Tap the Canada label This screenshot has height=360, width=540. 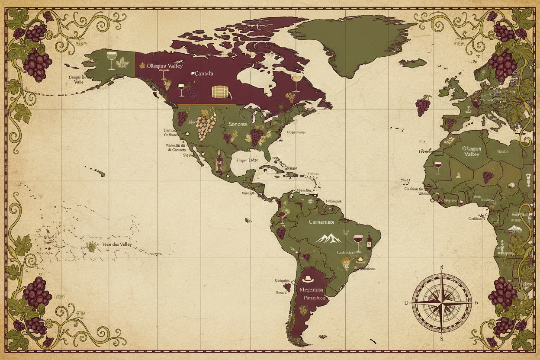click(203, 74)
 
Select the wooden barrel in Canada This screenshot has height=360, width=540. click(220, 92)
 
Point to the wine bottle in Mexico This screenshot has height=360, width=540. click(219, 162)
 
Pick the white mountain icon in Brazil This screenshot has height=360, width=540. click(328, 238)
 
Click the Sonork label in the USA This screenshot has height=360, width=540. click(238, 124)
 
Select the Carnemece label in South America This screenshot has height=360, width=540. click(321, 222)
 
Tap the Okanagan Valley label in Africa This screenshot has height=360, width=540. click(471, 151)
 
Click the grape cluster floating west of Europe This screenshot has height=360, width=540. click(423, 106)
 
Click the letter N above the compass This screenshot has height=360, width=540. click(441, 267)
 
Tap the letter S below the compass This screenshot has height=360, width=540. click(441, 338)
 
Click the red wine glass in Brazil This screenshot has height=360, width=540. click(358, 241)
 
